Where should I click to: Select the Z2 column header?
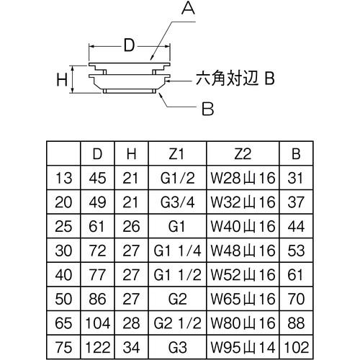click(x=243, y=153)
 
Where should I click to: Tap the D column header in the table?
click(x=98, y=153)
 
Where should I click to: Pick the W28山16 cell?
click(x=243, y=177)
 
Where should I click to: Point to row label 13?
click(x=63, y=177)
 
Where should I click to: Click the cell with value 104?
click(x=98, y=320)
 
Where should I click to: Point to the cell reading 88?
click(x=297, y=320)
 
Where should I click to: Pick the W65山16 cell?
click(x=243, y=297)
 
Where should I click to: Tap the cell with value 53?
click(x=297, y=249)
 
